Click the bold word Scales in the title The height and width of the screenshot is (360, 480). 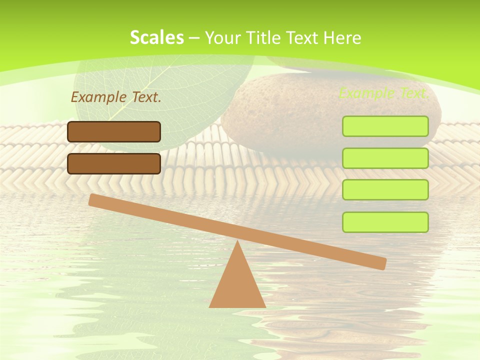tap(156, 38)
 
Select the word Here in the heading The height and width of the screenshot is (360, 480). tap(342, 38)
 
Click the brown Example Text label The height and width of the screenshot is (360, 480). tap(116, 97)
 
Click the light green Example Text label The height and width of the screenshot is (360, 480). tap(383, 93)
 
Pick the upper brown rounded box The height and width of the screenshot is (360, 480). tap(114, 131)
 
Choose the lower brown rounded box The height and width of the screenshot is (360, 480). tap(114, 163)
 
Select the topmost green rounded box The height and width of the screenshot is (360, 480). tap(385, 126)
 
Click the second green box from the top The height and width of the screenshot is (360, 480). tap(385, 158)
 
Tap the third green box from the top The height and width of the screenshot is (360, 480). tap(385, 189)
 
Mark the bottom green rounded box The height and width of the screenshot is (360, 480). tap(385, 222)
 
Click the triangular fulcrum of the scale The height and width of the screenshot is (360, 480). tap(237, 285)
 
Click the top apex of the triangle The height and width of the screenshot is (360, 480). tap(237, 242)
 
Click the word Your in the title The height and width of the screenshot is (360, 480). tap(223, 38)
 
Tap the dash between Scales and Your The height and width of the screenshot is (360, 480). tap(194, 38)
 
